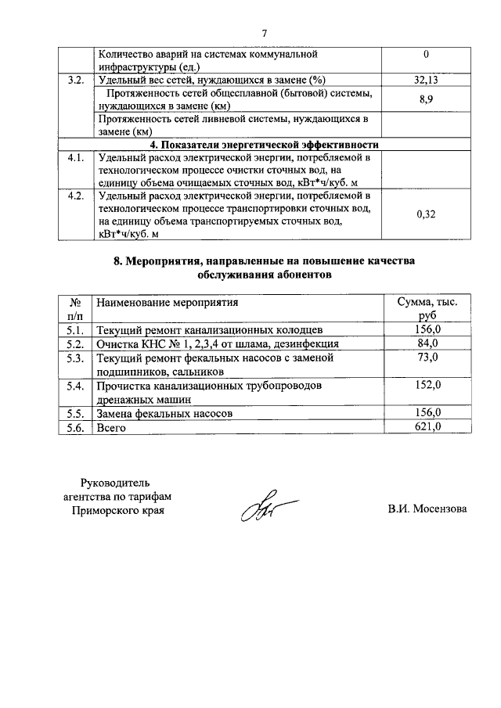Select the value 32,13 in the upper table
pos(427,80)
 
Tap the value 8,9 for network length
pos(427,99)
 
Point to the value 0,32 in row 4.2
pos(427,213)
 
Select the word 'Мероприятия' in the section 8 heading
pos(167,261)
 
